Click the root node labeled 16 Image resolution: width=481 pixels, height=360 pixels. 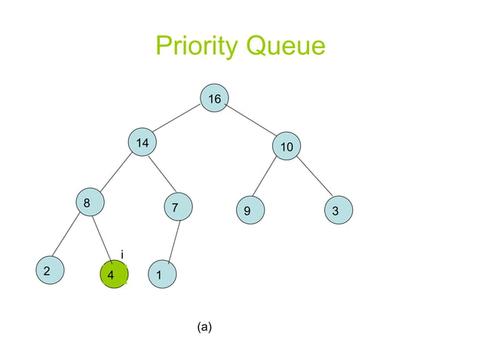(215, 99)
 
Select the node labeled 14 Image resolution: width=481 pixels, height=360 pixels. (142, 143)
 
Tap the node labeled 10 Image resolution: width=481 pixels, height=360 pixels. (286, 147)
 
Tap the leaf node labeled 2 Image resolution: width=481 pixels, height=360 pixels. (48, 271)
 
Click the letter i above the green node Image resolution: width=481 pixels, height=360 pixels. (122, 255)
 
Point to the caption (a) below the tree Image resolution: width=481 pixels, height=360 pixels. (204, 326)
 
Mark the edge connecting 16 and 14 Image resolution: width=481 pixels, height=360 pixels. (178, 121)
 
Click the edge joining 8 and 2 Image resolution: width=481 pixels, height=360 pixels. (67, 238)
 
